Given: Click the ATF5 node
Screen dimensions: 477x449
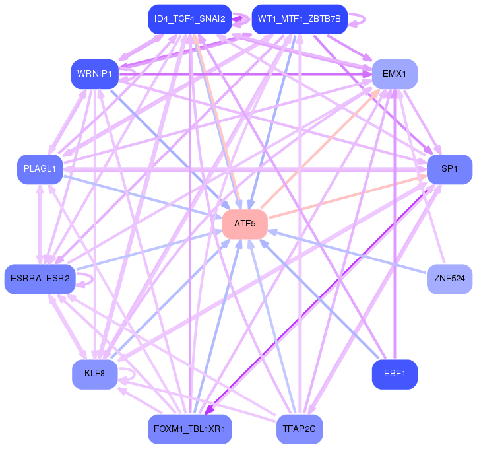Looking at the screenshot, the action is pyautogui.click(x=245, y=224).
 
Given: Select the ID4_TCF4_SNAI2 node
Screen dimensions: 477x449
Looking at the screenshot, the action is pyautogui.click(x=190, y=19).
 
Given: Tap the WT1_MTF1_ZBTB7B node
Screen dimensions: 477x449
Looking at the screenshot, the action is pyautogui.click(x=300, y=19).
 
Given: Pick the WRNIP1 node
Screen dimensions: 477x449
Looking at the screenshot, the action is pyautogui.click(x=95, y=74).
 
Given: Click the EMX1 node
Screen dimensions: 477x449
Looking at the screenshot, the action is pyautogui.click(x=395, y=74).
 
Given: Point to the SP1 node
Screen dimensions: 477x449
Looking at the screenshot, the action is pyautogui.click(x=450, y=169).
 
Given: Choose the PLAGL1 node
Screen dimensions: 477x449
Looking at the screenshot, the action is pyautogui.click(x=40, y=169).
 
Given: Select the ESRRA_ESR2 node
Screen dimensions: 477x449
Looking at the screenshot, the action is pyautogui.click(x=40, y=279).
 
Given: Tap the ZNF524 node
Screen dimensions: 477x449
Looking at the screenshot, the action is pyautogui.click(x=450, y=279).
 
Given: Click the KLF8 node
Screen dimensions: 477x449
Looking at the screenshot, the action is pyautogui.click(x=95, y=374).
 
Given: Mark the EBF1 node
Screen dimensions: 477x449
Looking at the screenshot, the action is pyautogui.click(x=395, y=374).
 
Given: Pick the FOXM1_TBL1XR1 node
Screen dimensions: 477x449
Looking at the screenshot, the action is pyautogui.click(x=190, y=429).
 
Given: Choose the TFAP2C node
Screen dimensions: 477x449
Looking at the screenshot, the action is pyautogui.click(x=300, y=429).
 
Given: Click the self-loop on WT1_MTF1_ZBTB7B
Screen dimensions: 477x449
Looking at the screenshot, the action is pyautogui.click(x=364, y=19).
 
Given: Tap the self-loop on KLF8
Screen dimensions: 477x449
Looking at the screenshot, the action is pyautogui.click(x=134, y=374).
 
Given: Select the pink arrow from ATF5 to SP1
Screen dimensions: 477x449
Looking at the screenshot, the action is pyautogui.click(x=348, y=197).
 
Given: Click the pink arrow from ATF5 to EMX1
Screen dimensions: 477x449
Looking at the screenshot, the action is pyautogui.click(x=321, y=149).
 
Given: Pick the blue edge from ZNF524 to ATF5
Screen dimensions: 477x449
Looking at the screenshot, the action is pyautogui.click(x=348, y=252).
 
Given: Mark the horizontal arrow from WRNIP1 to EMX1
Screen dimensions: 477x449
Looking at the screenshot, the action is pyautogui.click(x=245, y=74).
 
